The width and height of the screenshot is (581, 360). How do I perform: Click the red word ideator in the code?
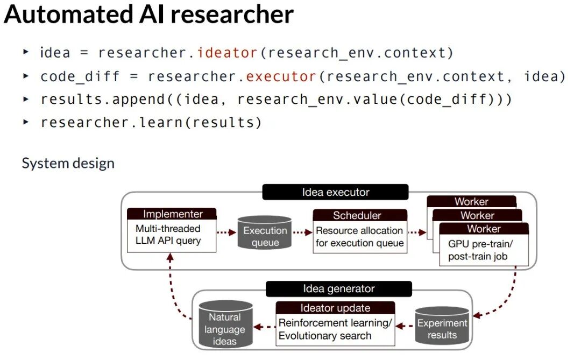click(227, 53)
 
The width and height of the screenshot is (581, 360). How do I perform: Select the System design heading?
click(68, 163)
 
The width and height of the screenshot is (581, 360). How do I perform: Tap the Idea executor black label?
click(335, 192)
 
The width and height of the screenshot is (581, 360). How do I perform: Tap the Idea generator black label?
click(338, 289)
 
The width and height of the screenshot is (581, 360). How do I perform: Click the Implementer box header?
click(172, 214)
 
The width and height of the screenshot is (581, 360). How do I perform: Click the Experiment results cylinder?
click(442, 327)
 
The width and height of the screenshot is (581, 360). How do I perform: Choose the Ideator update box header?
click(335, 308)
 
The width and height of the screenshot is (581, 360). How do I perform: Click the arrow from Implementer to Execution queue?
click(226, 232)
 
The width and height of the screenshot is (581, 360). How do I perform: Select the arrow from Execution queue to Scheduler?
click(302, 232)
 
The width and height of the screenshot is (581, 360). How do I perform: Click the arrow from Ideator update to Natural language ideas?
click(264, 326)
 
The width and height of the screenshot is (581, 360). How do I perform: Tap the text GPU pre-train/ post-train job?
click(480, 250)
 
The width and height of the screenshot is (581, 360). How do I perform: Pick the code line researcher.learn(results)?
click(151, 122)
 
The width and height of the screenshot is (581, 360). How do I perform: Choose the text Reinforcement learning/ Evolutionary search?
click(335, 329)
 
